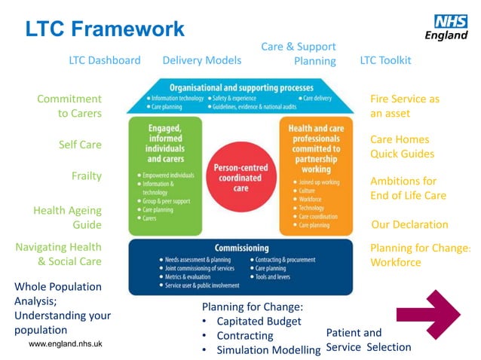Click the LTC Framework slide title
[x=105, y=29]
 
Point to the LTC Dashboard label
[x=105, y=60]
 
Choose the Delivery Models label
[x=202, y=60]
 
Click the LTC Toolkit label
[x=385, y=60]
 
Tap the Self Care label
[x=80, y=145]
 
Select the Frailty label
[x=86, y=176]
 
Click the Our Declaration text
[x=409, y=224]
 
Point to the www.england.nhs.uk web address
[x=66, y=343]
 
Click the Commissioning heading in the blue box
[x=241, y=248]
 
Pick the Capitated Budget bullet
[x=259, y=322]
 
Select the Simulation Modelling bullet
[x=268, y=350]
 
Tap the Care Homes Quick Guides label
[x=402, y=147]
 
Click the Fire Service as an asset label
[x=404, y=106]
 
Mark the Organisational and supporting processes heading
[x=241, y=87]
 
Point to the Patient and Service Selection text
[x=368, y=340]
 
